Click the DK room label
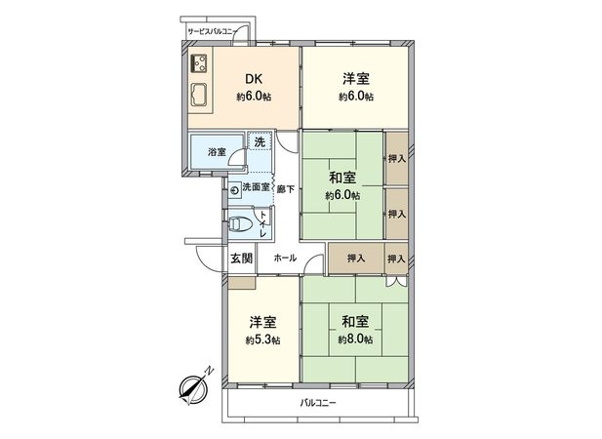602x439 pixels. click(x=252, y=80)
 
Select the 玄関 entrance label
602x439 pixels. click(x=241, y=259)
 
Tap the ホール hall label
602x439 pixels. click(x=285, y=259)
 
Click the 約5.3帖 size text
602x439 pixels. click(x=262, y=339)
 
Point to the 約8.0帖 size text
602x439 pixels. click(x=355, y=339)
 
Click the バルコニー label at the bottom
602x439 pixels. click(x=317, y=402)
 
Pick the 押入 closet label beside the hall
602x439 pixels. click(x=355, y=259)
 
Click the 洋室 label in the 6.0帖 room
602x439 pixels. click(x=355, y=80)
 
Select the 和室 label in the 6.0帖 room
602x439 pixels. click(x=341, y=179)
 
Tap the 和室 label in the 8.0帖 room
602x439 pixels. click(x=355, y=321)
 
